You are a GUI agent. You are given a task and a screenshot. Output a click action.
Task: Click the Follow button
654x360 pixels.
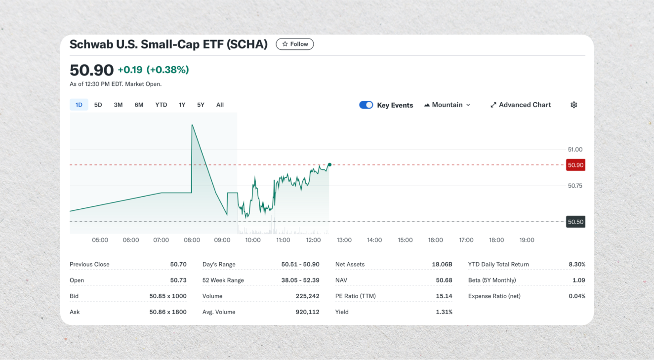[295, 44]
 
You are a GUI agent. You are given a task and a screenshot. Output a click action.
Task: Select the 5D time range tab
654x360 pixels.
[98, 105]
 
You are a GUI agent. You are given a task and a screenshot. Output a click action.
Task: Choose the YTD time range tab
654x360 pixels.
[161, 105]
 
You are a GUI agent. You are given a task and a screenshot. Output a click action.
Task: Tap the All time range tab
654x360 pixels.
[220, 105]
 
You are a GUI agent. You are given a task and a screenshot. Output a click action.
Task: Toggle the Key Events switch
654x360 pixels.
[366, 105]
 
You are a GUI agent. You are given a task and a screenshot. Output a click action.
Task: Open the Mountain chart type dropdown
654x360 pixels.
[447, 105]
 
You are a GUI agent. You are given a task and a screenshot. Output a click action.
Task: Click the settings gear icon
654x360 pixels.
[573, 105]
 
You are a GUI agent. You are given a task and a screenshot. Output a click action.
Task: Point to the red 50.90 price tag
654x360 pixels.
[575, 165]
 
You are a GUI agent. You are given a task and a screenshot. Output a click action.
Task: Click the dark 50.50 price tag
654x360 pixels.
[575, 222]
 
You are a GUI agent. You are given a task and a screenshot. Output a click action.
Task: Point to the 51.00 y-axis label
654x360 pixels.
[575, 149]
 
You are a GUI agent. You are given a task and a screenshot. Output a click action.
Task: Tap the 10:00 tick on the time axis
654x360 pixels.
[253, 240]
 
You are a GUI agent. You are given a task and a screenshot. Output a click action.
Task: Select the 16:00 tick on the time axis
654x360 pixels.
[435, 240]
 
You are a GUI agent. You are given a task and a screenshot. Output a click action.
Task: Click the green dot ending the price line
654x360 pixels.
[329, 164]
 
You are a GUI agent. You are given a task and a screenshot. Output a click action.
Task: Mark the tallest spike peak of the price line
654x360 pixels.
[192, 125]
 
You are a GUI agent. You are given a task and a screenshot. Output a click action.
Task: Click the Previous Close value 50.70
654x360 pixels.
[178, 264]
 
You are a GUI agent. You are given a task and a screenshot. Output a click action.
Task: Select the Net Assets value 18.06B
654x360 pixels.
[442, 264]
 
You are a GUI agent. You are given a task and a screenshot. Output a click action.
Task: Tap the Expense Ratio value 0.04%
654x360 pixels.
[576, 296]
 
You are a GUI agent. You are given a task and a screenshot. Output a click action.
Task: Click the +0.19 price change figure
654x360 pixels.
[130, 70]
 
